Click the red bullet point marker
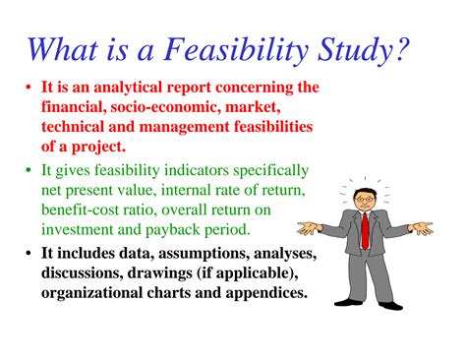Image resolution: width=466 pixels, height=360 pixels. point(29,88)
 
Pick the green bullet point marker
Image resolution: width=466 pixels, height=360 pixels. point(29,171)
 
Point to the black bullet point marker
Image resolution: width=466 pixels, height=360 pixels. point(29,254)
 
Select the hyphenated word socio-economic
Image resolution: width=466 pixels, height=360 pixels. point(161,107)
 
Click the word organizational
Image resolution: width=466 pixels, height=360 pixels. point(96,294)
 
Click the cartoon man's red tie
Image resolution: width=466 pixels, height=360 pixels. point(365,230)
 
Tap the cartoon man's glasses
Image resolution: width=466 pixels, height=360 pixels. point(362,199)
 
